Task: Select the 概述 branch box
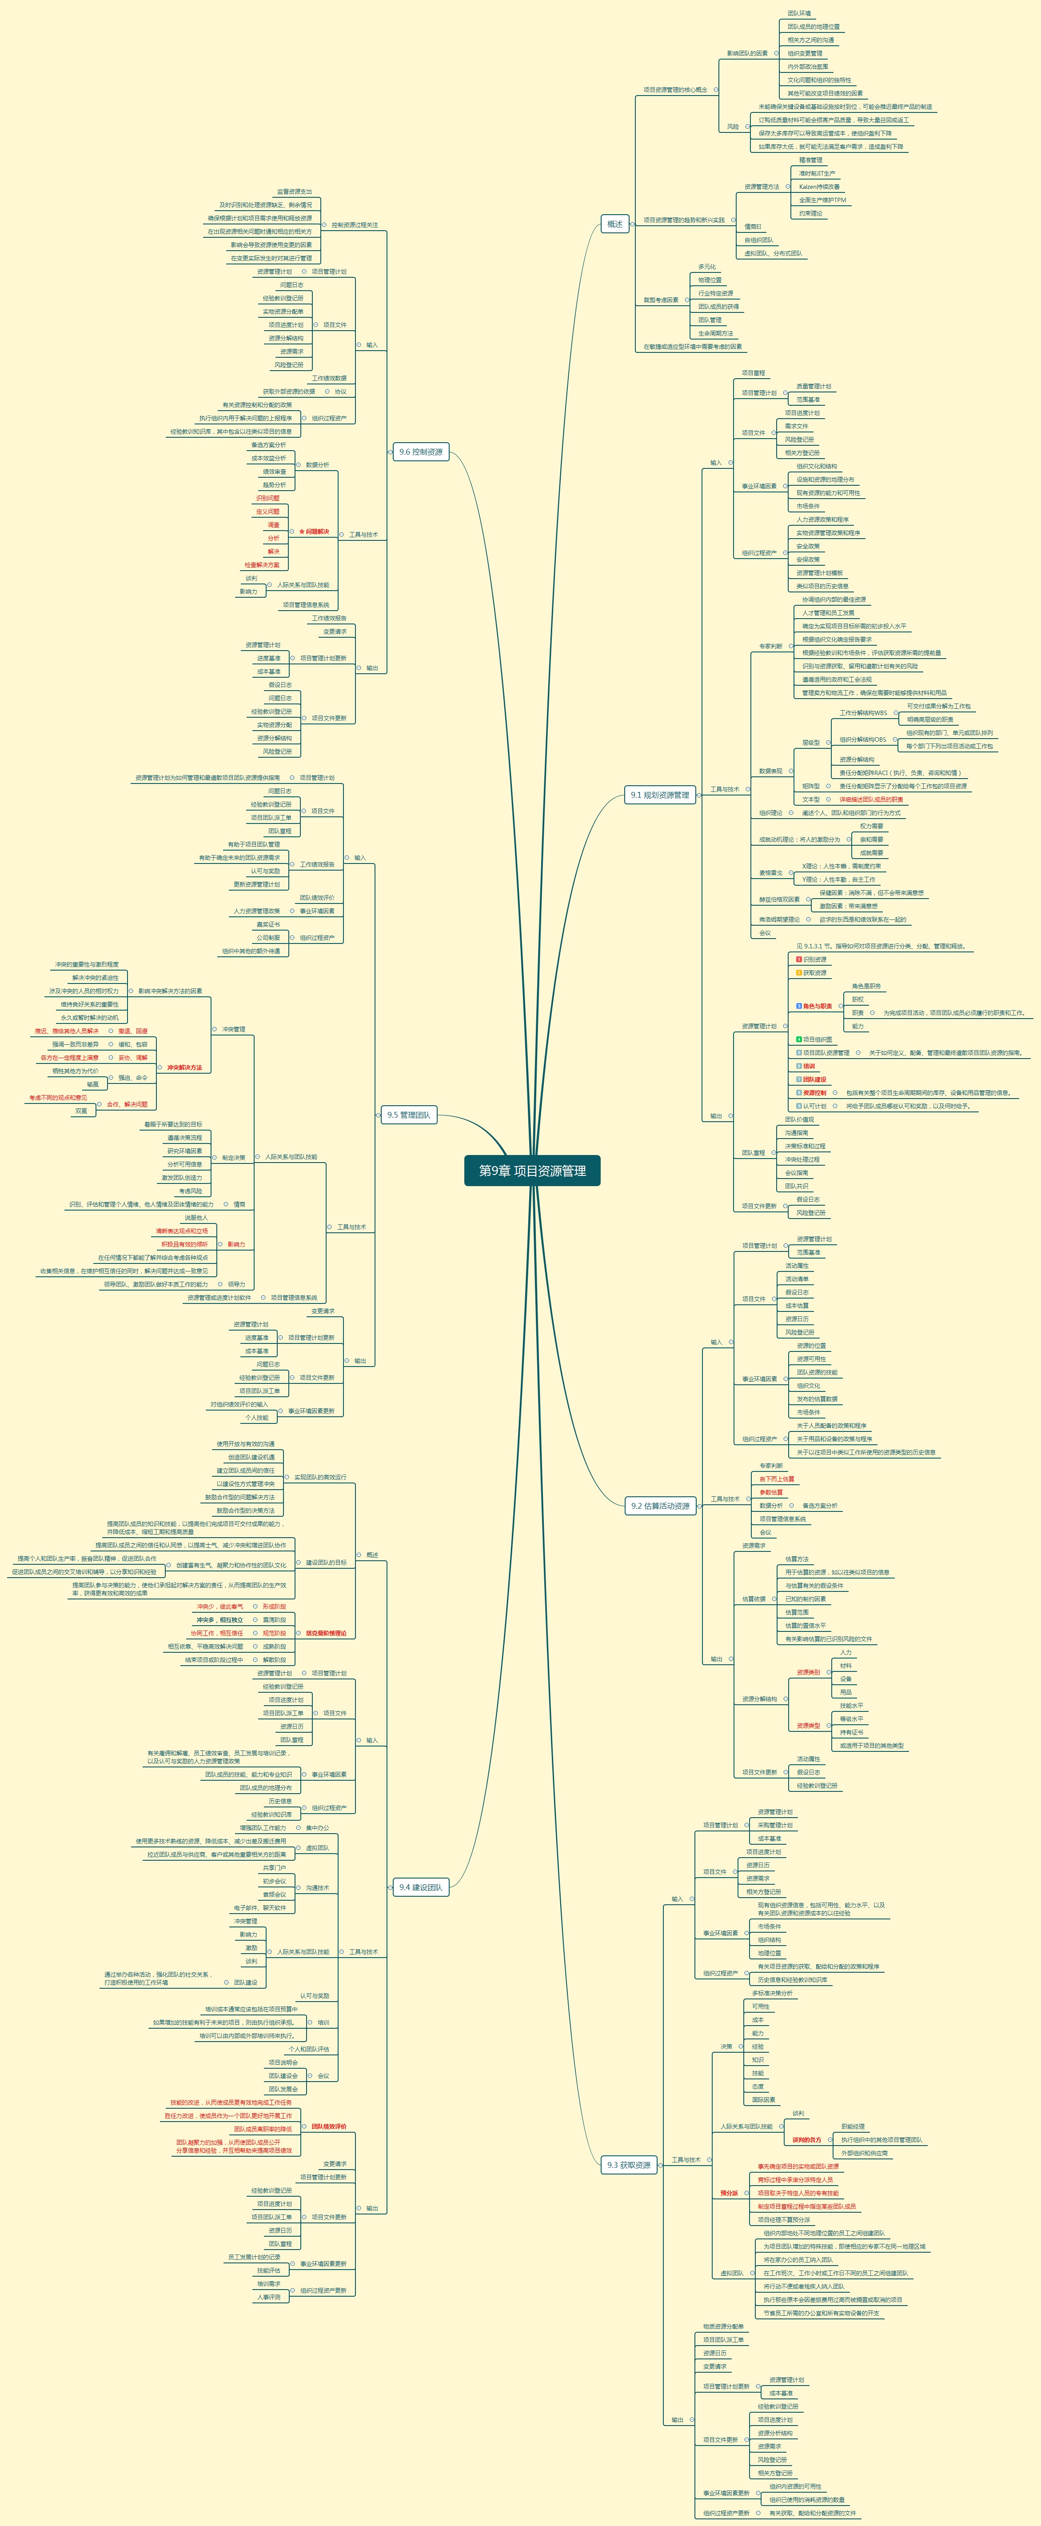(614, 224)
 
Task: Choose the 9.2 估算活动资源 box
(661, 1505)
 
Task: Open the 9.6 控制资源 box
(420, 452)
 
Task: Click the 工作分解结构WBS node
(862, 713)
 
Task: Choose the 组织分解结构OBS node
(862, 739)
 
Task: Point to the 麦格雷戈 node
(770, 873)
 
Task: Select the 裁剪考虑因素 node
(661, 300)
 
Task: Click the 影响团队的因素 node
(747, 53)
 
